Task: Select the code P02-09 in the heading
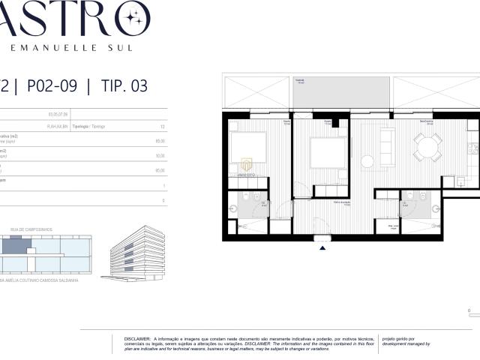point(51,85)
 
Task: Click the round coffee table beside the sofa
point(368,160)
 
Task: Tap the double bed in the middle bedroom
point(328,151)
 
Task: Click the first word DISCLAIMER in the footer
point(136,338)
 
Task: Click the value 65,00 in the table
point(160,170)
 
